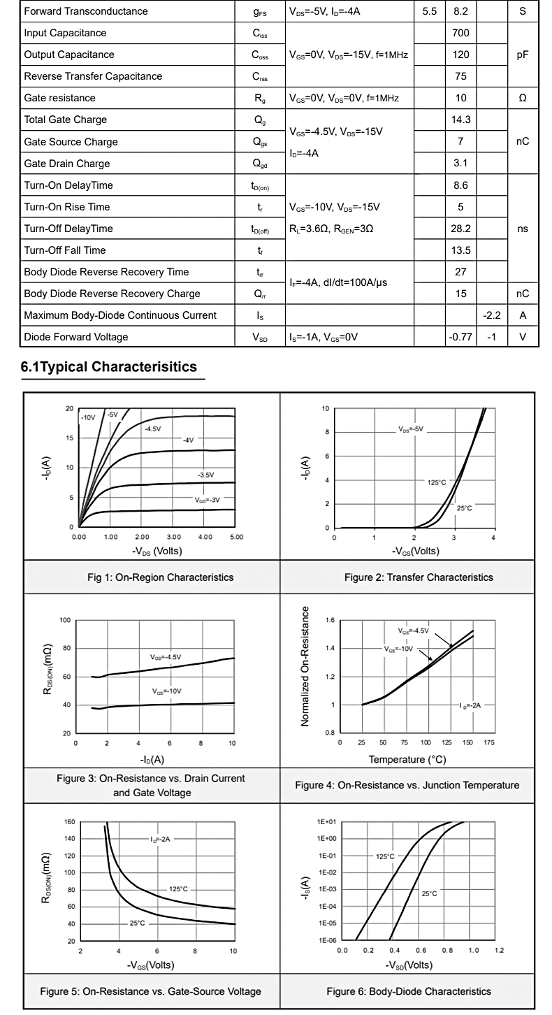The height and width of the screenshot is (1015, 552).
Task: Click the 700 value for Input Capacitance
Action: [x=460, y=33]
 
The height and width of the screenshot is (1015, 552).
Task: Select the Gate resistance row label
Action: [x=59, y=98]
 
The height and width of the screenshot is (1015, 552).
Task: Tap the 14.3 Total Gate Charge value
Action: [x=460, y=120]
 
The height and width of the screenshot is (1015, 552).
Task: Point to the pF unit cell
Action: [x=523, y=55]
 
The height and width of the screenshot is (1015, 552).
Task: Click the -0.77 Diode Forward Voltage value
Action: [x=460, y=337]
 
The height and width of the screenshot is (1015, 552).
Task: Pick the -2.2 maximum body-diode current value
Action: [x=492, y=315]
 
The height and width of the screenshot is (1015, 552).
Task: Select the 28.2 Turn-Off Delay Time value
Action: [x=460, y=229]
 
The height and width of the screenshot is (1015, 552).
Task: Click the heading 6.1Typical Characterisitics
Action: [x=109, y=366]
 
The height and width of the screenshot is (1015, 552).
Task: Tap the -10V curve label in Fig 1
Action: [x=87, y=417]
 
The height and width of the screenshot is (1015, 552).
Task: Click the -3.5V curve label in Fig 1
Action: [x=205, y=475]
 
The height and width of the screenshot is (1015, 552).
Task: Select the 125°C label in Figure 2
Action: [x=436, y=482]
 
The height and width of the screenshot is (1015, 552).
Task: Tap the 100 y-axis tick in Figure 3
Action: [x=65, y=620]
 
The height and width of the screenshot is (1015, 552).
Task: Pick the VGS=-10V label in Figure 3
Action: [x=167, y=691]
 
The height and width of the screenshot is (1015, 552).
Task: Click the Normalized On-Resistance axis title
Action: [x=305, y=666]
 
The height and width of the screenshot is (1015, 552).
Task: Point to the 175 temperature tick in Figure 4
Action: [x=488, y=742]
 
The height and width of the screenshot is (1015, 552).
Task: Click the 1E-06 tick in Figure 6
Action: [x=328, y=941]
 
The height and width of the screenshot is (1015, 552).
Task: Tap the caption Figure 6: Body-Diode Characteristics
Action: [x=409, y=991]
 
